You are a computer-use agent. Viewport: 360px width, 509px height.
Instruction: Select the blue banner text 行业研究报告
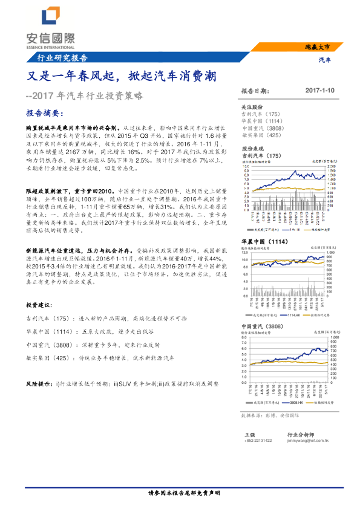tap(58, 59)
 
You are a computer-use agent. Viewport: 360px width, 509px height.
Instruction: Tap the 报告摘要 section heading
tap(44, 113)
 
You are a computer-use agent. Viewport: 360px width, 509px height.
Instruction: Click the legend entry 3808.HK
tap(292, 402)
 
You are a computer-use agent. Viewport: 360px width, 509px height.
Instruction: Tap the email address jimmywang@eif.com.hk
tap(309, 441)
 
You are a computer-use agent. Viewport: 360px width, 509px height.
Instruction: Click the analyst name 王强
tap(250, 434)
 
